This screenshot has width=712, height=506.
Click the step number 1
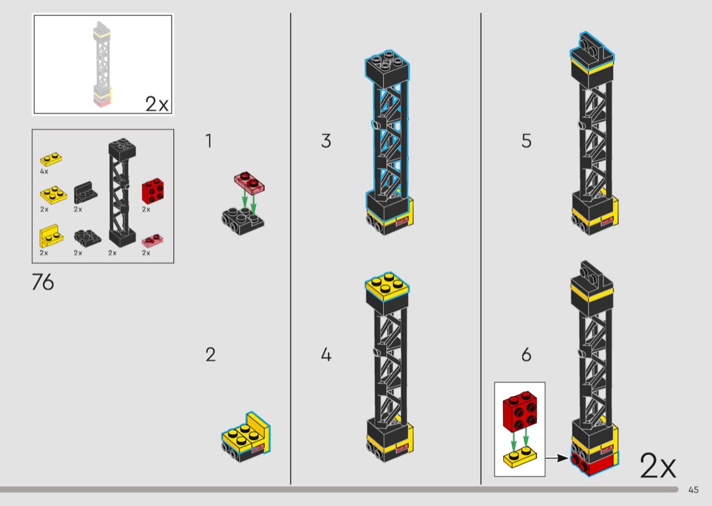[208, 141]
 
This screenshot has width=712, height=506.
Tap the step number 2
[210, 355]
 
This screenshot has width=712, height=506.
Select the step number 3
[326, 141]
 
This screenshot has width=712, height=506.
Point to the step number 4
[326, 355]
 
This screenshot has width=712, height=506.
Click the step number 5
[526, 141]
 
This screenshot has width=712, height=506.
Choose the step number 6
[526, 355]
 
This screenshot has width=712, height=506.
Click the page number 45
[694, 490]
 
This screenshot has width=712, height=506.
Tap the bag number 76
[43, 282]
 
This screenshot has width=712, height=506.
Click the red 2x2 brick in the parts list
[153, 191]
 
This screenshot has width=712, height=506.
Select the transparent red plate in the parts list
[153, 240]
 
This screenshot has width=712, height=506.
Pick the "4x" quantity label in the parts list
[44, 172]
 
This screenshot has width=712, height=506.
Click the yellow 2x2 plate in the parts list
[53, 194]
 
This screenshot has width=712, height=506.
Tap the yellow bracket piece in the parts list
[51, 236]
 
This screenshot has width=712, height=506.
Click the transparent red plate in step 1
[250, 182]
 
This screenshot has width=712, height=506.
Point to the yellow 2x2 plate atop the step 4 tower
[387, 286]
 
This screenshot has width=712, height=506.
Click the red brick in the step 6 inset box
[519, 411]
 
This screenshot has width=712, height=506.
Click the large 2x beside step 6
[658, 465]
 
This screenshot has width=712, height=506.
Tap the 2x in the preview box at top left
[157, 104]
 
